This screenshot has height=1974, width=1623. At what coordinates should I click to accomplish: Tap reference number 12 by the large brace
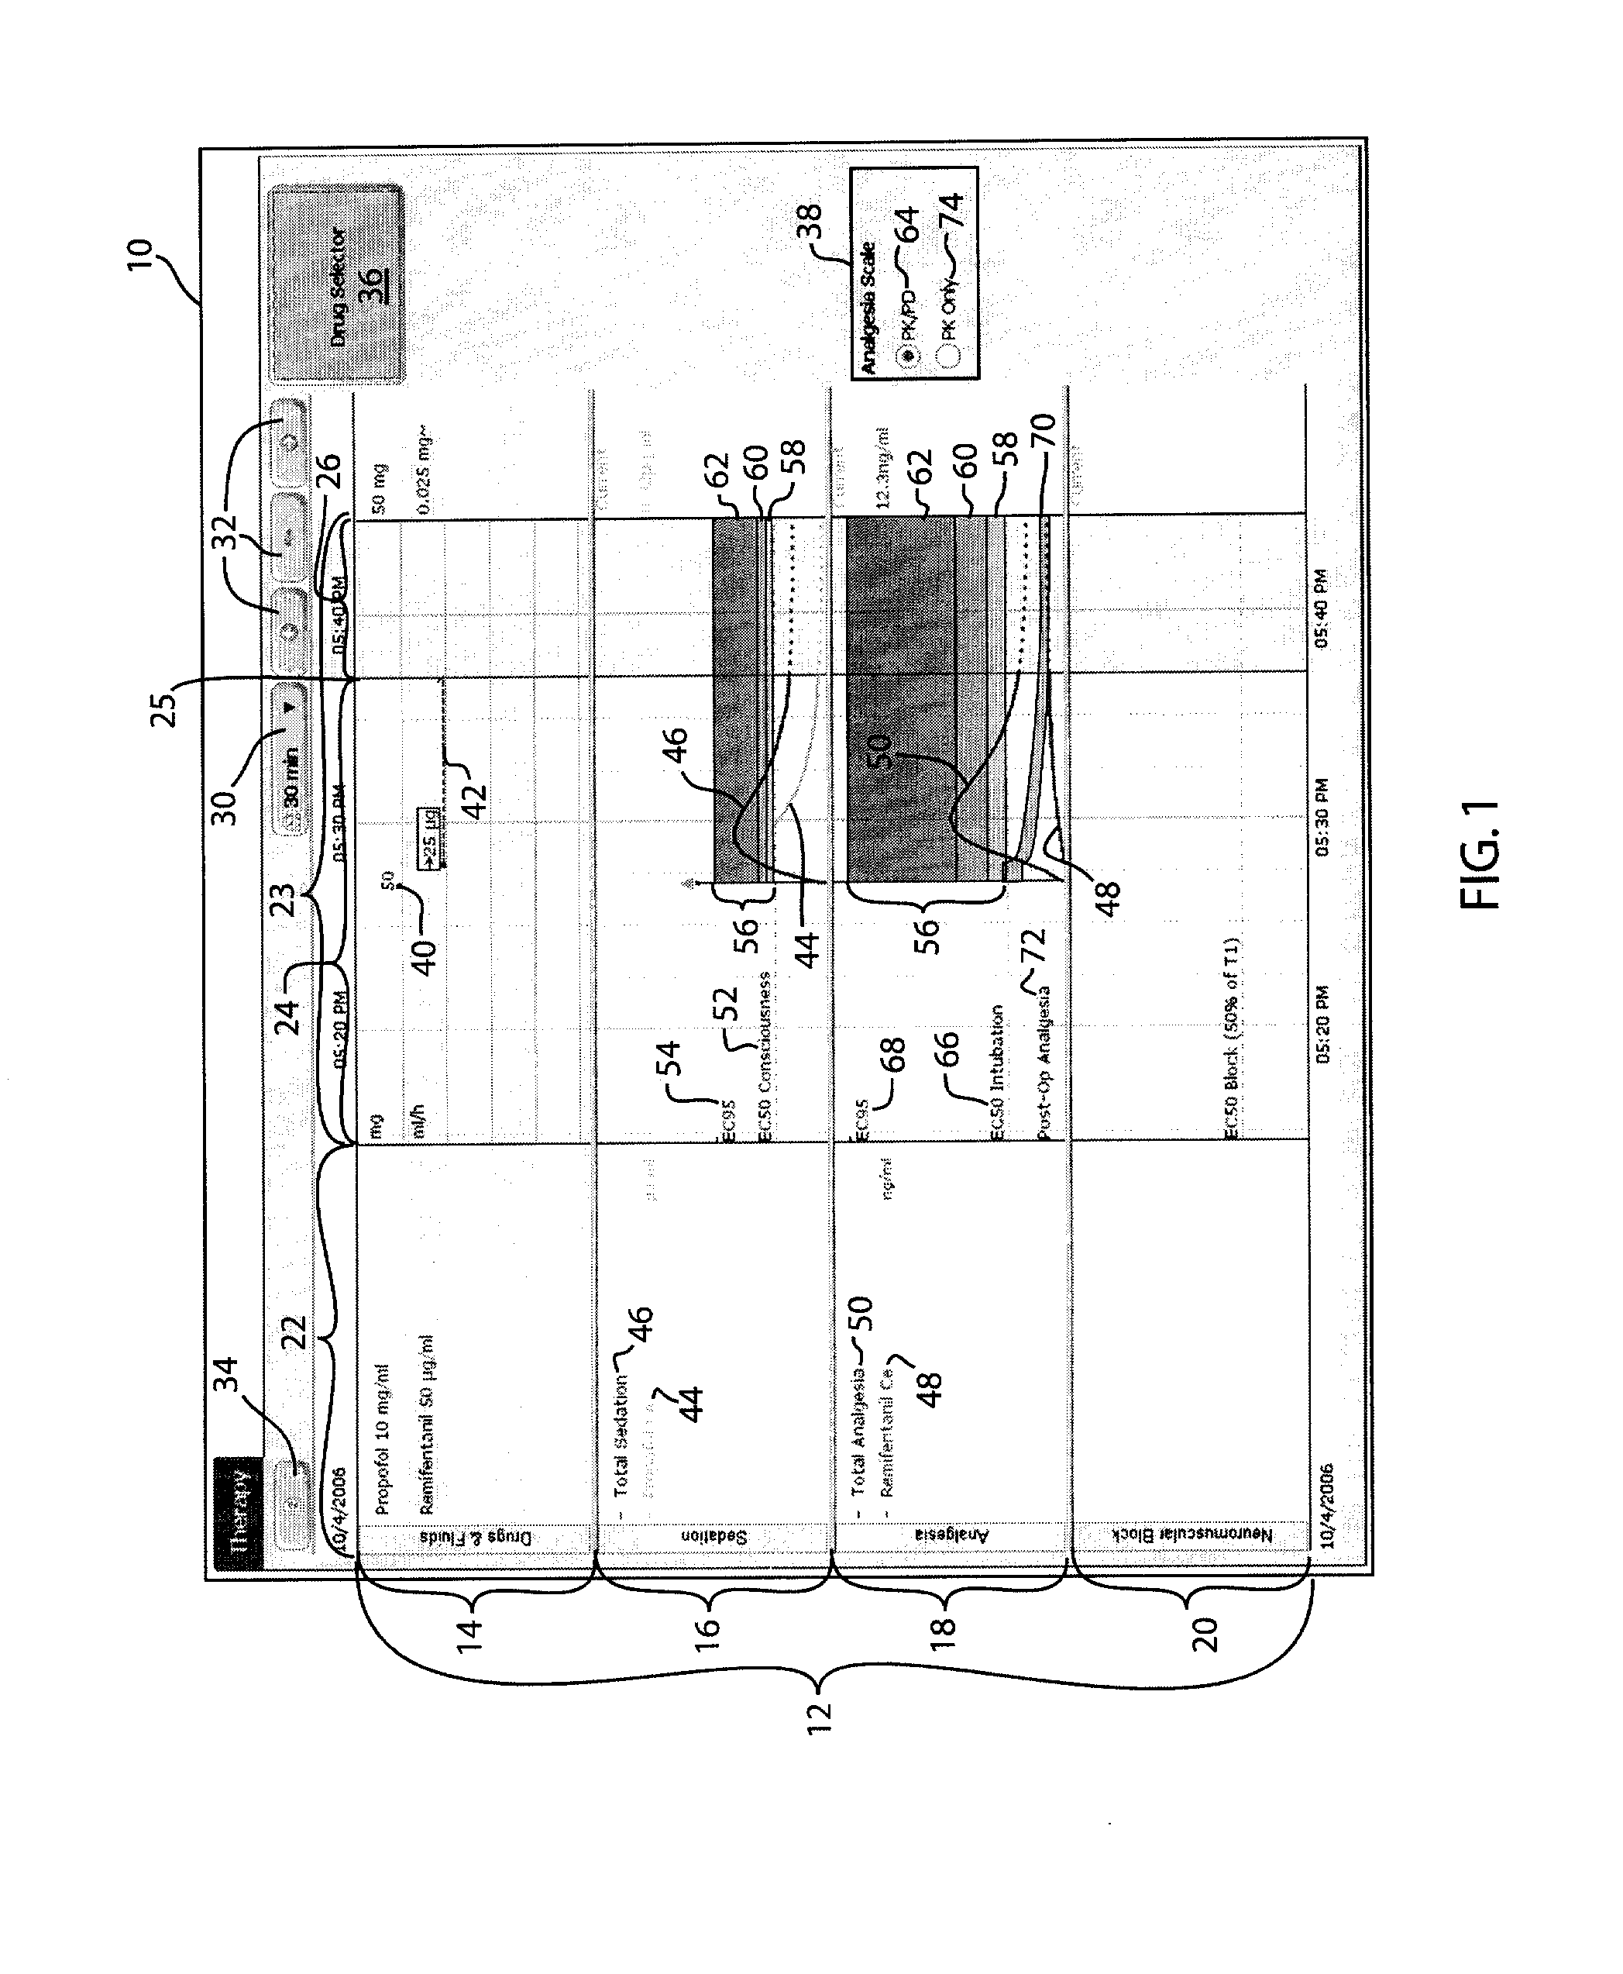pos(819,1717)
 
